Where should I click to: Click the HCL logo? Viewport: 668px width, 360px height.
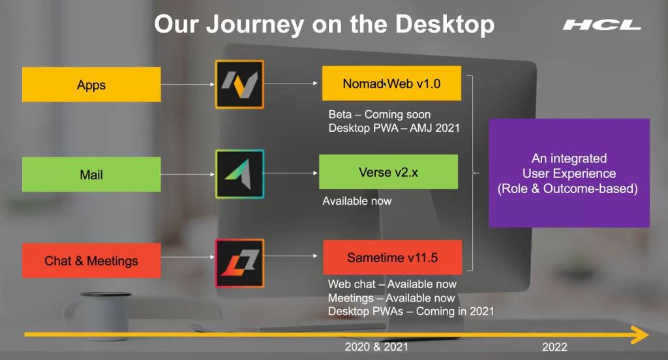click(x=601, y=25)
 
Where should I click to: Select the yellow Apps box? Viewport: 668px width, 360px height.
click(x=91, y=84)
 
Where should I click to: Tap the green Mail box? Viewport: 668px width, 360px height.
click(x=91, y=174)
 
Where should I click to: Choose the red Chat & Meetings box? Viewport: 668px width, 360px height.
click(x=91, y=260)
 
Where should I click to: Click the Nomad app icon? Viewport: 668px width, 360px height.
click(x=239, y=84)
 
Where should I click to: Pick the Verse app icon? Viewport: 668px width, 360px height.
click(x=239, y=174)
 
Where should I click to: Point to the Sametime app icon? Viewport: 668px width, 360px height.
click(x=239, y=263)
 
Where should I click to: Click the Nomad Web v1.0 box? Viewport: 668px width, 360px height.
click(x=391, y=83)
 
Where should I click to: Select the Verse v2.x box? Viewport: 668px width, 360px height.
click(x=389, y=172)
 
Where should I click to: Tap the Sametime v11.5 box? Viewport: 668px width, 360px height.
click(x=392, y=258)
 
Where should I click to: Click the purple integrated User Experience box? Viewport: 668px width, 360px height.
click(x=569, y=173)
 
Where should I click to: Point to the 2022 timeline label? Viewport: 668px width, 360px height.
click(x=554, y=347)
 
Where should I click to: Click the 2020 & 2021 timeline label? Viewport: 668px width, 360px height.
click(x=376, y=347)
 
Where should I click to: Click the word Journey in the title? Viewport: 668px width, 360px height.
click(x=255, y=24)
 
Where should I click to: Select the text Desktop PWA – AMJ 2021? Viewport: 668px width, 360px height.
click(x=394, y=128)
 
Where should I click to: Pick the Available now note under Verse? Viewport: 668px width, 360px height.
click(x=357, y=201)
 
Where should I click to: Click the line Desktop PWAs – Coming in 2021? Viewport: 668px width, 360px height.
click(x=411, y=312)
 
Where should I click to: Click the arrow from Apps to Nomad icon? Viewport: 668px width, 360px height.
click(x=188, y=84)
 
